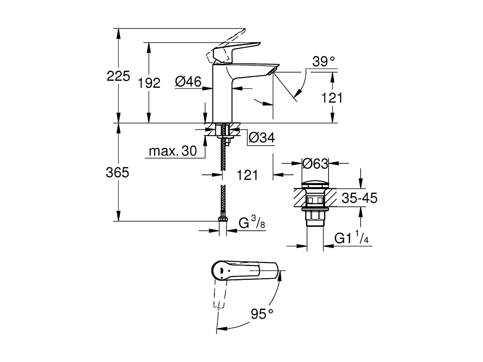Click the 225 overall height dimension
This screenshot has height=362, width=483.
point(118,76)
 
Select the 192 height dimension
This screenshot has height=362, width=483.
point(149,83)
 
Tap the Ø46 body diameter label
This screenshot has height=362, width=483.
point(188,82)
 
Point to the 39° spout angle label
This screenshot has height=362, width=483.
point(323,62)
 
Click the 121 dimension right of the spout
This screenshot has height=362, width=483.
point(331,98)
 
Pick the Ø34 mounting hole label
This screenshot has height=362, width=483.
point(261,138)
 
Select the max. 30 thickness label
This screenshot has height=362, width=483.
point(172,151)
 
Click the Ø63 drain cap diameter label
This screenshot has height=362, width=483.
point(315,164)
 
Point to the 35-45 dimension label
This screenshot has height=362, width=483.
point(359,199)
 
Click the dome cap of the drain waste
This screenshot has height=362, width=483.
point(315,183)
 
